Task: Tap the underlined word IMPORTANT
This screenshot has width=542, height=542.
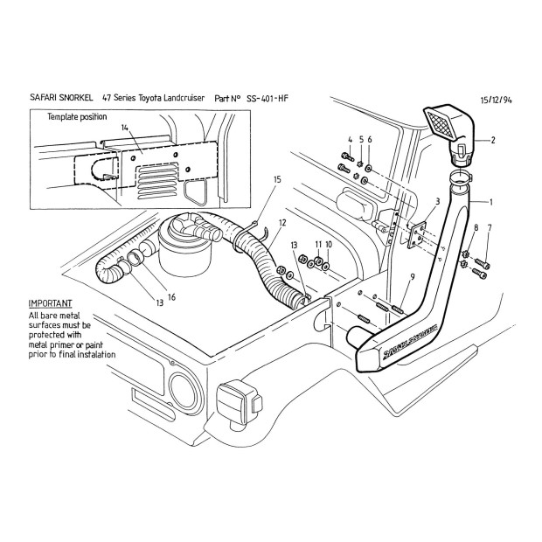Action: click(x=50, y=302)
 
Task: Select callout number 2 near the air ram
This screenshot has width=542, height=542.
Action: click(x=492, y=139)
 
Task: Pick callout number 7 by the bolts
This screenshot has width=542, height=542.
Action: click(x=489, y=228)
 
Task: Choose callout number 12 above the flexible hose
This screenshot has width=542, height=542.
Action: click(x=281, y=222)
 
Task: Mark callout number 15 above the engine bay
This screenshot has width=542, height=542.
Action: click(x=277, y=179)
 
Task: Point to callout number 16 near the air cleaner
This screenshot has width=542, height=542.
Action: click(x=171, y=297)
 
